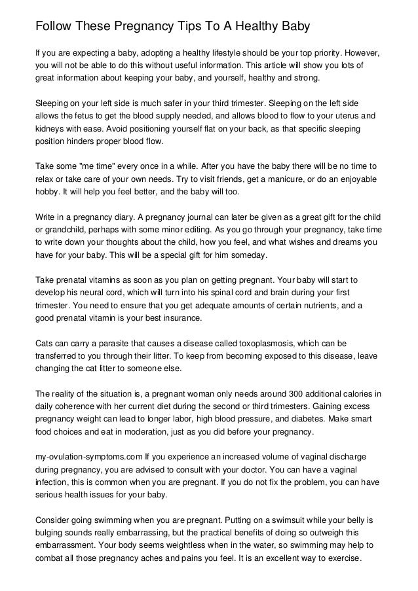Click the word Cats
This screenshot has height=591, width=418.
(45, 342)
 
